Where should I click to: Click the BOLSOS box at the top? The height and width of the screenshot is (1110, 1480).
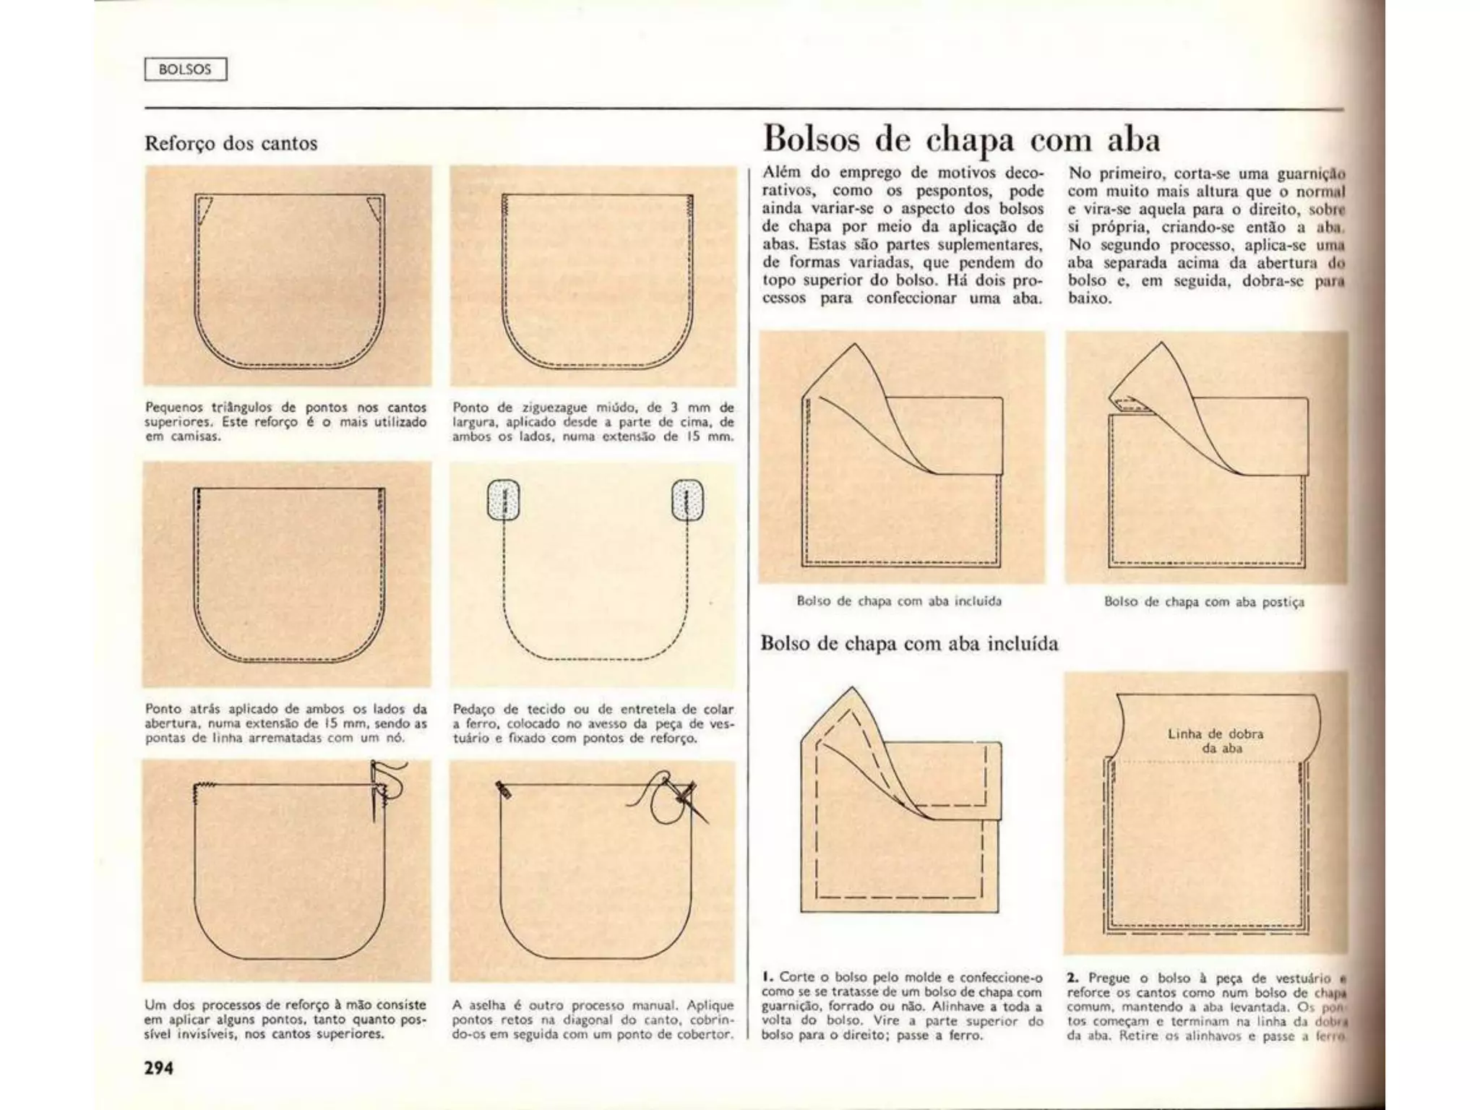[186, 69]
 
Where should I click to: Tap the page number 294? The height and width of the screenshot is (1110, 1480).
[159, 1067]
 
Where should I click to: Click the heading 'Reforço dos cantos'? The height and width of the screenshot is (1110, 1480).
[231, 143]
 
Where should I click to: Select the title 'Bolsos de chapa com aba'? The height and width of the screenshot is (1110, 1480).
[961, 139]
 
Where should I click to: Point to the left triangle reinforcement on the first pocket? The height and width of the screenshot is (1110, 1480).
[204, 207]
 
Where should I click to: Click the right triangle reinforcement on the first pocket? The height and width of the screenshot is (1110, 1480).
[374, 208]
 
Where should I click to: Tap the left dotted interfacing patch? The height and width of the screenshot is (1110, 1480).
[504, 499]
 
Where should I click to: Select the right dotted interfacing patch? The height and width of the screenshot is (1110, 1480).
[687, 499]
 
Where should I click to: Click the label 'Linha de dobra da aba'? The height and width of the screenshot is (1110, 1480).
[1216, 741]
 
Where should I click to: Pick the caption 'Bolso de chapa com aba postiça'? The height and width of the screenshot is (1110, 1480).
[1204, 602]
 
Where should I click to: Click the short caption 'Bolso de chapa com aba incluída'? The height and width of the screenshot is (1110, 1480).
[899, 601]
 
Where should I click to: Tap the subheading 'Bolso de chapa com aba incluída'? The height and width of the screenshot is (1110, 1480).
[909, 643]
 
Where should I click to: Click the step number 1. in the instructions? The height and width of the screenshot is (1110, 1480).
[767, 977]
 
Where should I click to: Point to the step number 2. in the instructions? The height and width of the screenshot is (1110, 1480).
[1072, 978]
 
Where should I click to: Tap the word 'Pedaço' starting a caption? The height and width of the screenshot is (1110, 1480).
[473, 709]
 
